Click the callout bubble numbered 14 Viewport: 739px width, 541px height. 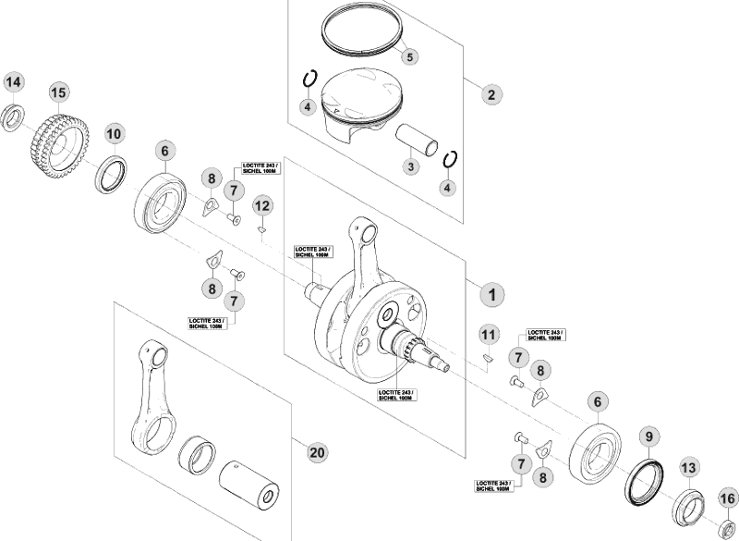(x=13, y=83)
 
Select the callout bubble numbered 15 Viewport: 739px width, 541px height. (x=58, y=92)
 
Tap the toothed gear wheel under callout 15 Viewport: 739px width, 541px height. (x=56, y=143)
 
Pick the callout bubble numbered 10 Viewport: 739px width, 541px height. (x=113, y=134)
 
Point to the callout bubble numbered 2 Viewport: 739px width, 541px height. (x=491, y=93)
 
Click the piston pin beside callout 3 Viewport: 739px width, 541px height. (x=422, y=141)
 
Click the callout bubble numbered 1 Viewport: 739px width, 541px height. (x=491, y=294)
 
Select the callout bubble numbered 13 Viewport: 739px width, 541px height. (x=687, y=468)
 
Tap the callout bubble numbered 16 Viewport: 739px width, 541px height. (x=726, y=500)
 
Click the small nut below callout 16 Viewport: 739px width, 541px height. (x=726, y=530)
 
